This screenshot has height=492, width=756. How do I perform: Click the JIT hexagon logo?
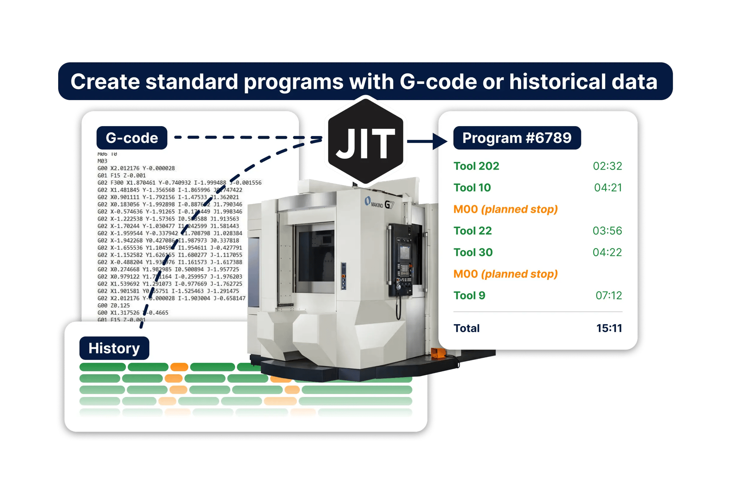pyautogui.click(x=366, y=142)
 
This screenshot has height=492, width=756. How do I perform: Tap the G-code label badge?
pyautogui.click(x=132, y=138)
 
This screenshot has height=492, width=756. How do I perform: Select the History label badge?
pyautogui.click(x=114, y=348)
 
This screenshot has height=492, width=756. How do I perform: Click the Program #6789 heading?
pyautogui.click(x=517, y=138)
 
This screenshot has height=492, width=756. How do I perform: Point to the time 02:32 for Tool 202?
pyautogui.click(x=607, y=166)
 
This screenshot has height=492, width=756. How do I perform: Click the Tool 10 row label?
pyautogui.click(x=472, y=187)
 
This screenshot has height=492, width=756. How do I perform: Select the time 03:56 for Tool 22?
pyautogui.click(x=607, y=231)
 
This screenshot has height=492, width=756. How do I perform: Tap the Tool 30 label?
pyautogui.click(x=473, y=252)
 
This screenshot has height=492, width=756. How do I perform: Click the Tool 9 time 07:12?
pyautogui.click(x=609, y=295)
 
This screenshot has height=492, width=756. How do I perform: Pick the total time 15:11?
pyautogui.click(x=609, y=328)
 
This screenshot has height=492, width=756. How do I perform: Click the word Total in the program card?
pyautogui.click(x=466, y=328)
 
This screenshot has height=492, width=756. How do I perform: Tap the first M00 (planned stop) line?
pyautogui.click(x=505, y=209)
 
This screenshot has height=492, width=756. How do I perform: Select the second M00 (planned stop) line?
pyautogui.click(x=505, y=274)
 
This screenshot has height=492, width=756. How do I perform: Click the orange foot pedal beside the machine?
pyautogui.click(x=438, y=353)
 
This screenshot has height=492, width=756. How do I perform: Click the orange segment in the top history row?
pyautogui.click(x=179, y=367)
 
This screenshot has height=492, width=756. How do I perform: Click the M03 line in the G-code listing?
pyautogui.click(x=102, y=161)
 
